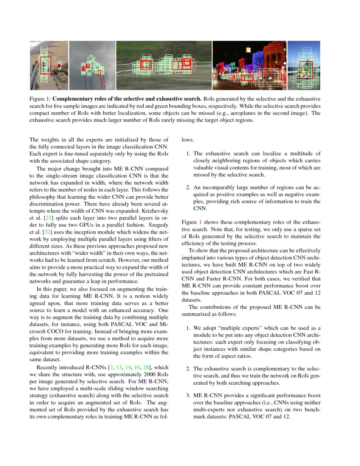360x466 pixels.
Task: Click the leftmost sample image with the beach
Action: coord(49,65)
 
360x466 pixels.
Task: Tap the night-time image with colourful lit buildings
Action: coord(249,65)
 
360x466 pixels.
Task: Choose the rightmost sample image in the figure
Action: coord(304,65)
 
